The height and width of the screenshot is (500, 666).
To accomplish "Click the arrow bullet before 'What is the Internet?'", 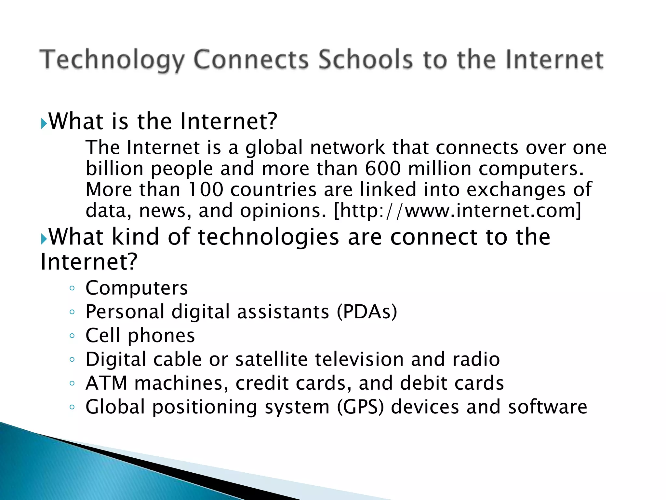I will pyautogui.click(x=44, y=123).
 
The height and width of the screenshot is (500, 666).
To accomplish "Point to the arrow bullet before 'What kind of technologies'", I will pyautogui.click(x=44, y=239).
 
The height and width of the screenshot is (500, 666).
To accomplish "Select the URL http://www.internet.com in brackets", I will pyautogui.click(x=457, y=211).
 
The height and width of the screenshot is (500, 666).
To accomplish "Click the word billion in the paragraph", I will pyautogui.click(x=114, y=169).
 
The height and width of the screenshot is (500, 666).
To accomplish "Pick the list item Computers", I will pyautogui.click(x=137, y=288).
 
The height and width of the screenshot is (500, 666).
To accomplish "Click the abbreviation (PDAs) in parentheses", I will pyautogui.click(x=367, y=312).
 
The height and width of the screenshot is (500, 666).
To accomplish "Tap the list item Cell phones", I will pyautogui.click(x=140, y=336).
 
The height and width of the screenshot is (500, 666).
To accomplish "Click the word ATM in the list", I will pyautogui.click(x=106, y=383).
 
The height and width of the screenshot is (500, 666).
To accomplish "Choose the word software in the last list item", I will pyautogui.click(x=548, y=407).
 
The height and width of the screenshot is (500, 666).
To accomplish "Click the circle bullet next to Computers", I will pyautogui.click(x=72, y=288).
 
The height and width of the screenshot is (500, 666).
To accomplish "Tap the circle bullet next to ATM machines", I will pyautogui.click(x=72, y=383).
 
